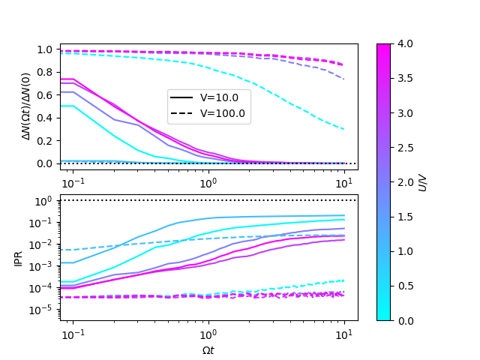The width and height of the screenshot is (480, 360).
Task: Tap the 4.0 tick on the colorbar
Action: pyautogui.click(x=403, y=43)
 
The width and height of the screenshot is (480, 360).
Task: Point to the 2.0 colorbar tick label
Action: pyautogui.click(x=403, y=181)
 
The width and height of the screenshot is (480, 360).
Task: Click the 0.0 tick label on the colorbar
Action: pyautogui.click(x=403, y=320)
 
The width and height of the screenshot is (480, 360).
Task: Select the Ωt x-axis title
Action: pyautogui.click(x=208, y=349)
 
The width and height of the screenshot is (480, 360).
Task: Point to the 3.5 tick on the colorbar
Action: pyautogui.click(x=403, y=78)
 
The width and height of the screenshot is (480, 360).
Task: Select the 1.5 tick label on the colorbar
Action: pyautogui.click(x=403, y=216)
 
